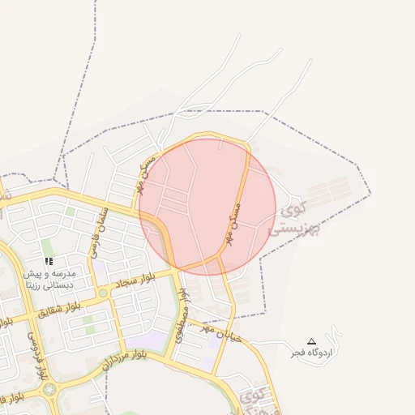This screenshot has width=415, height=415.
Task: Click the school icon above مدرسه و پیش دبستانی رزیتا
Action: (49, 262)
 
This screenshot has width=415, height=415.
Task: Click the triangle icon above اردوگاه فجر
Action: (312, 341)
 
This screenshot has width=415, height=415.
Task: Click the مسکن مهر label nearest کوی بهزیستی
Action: (236, 216)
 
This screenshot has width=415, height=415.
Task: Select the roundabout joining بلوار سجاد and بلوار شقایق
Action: (102, 293)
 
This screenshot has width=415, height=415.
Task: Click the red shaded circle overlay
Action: (207, 203)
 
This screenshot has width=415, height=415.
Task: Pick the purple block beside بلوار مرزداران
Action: (145, 341)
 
